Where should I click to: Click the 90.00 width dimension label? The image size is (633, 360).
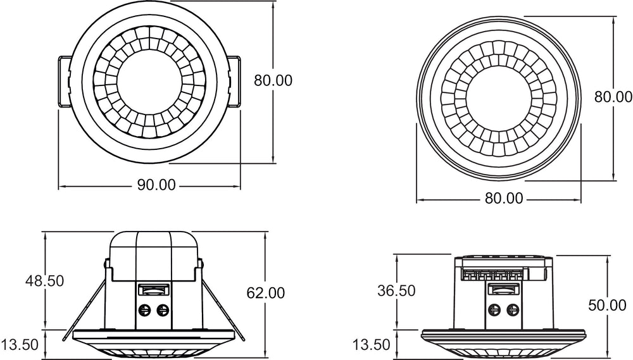(x=156, y=185)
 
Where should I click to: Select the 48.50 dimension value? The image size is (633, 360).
(x=44, y=280)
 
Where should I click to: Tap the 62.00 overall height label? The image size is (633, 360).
(x=266, y=292)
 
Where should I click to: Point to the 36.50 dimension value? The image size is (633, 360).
(x=396, y=290)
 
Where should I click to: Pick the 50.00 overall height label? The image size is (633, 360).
(x=607, y=305)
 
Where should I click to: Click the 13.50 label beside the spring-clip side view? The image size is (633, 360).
(x=20, y=345)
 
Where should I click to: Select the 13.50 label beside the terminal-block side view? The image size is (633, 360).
(x=372, y=345)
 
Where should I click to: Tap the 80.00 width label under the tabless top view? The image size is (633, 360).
(x=504, y=198)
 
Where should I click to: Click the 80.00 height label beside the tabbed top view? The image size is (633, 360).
(x=273, y=80)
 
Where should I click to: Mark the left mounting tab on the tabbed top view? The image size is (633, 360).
(x=65, y=82)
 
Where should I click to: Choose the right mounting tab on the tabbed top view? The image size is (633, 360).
(x=234, y=82)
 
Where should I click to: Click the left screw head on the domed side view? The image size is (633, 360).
(x=144, y=310)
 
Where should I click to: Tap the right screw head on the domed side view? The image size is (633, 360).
(x=163, y=310)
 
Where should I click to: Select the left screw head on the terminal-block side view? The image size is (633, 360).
(x=494, y=310)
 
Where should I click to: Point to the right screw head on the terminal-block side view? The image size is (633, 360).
(x=512, y=310)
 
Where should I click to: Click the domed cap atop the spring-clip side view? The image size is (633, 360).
(x=154, y=256)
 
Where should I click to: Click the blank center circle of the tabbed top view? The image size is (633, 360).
(x=144, y=81)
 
